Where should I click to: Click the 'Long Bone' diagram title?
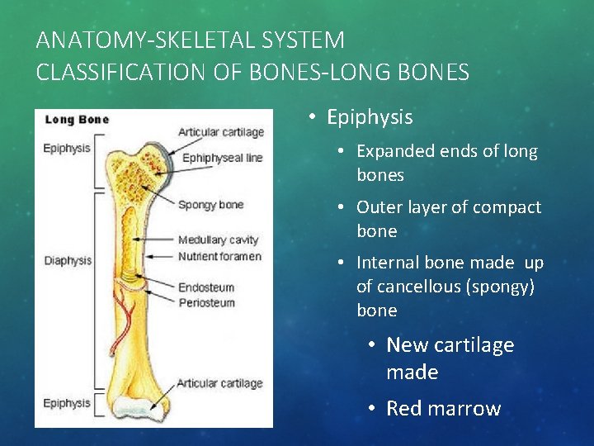point(77,120)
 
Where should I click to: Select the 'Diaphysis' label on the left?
point(68,261)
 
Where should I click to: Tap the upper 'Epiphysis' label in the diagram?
point(67,149)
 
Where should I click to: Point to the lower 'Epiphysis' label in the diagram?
point(67,403)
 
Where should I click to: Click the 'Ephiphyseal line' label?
point(222,158)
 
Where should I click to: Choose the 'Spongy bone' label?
point(210,205)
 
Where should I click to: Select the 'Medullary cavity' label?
point(218,240)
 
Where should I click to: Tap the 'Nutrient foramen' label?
point(219,256)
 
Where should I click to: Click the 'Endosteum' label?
point(206,288)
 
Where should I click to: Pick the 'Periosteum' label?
point(206,303)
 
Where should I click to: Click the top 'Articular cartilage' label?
point(220,132)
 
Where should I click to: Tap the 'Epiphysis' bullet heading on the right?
point(370,117)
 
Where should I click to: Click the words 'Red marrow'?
point(443,409)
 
